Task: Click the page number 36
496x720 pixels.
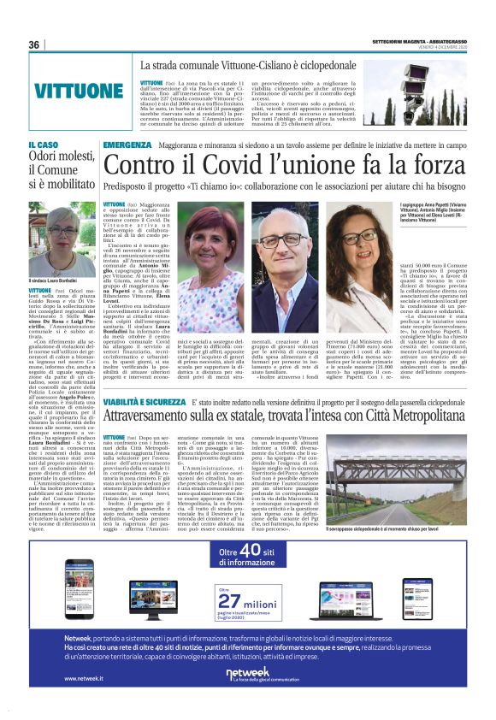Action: [35, 44]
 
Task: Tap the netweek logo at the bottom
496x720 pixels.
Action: [247, 675]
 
